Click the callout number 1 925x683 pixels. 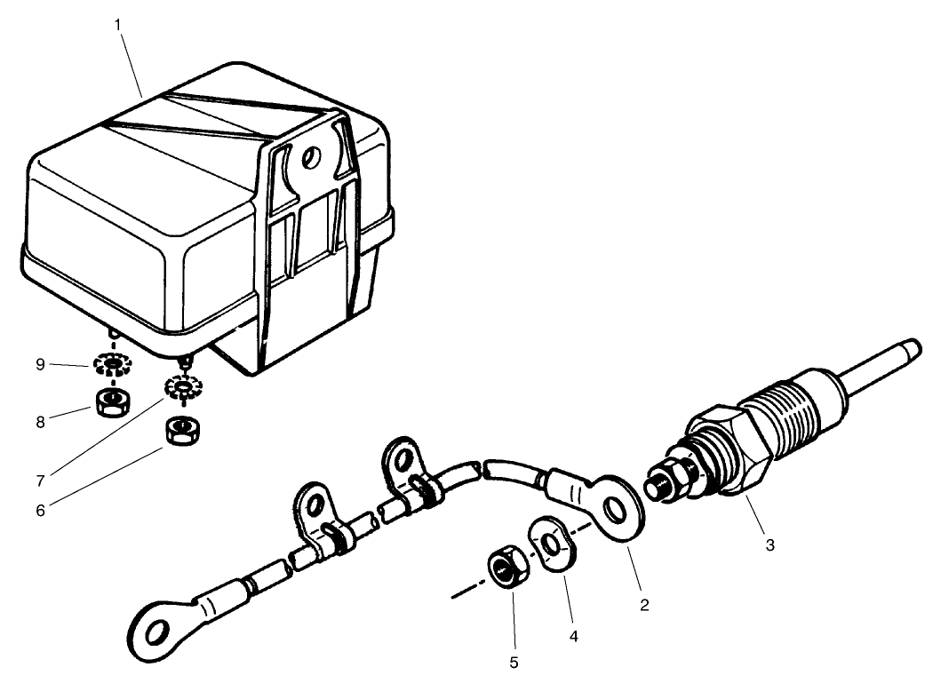pos(117,24)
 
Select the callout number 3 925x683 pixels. pos(770,544)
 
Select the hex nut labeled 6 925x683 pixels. pos(182,432)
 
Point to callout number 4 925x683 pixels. pos(573,635)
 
